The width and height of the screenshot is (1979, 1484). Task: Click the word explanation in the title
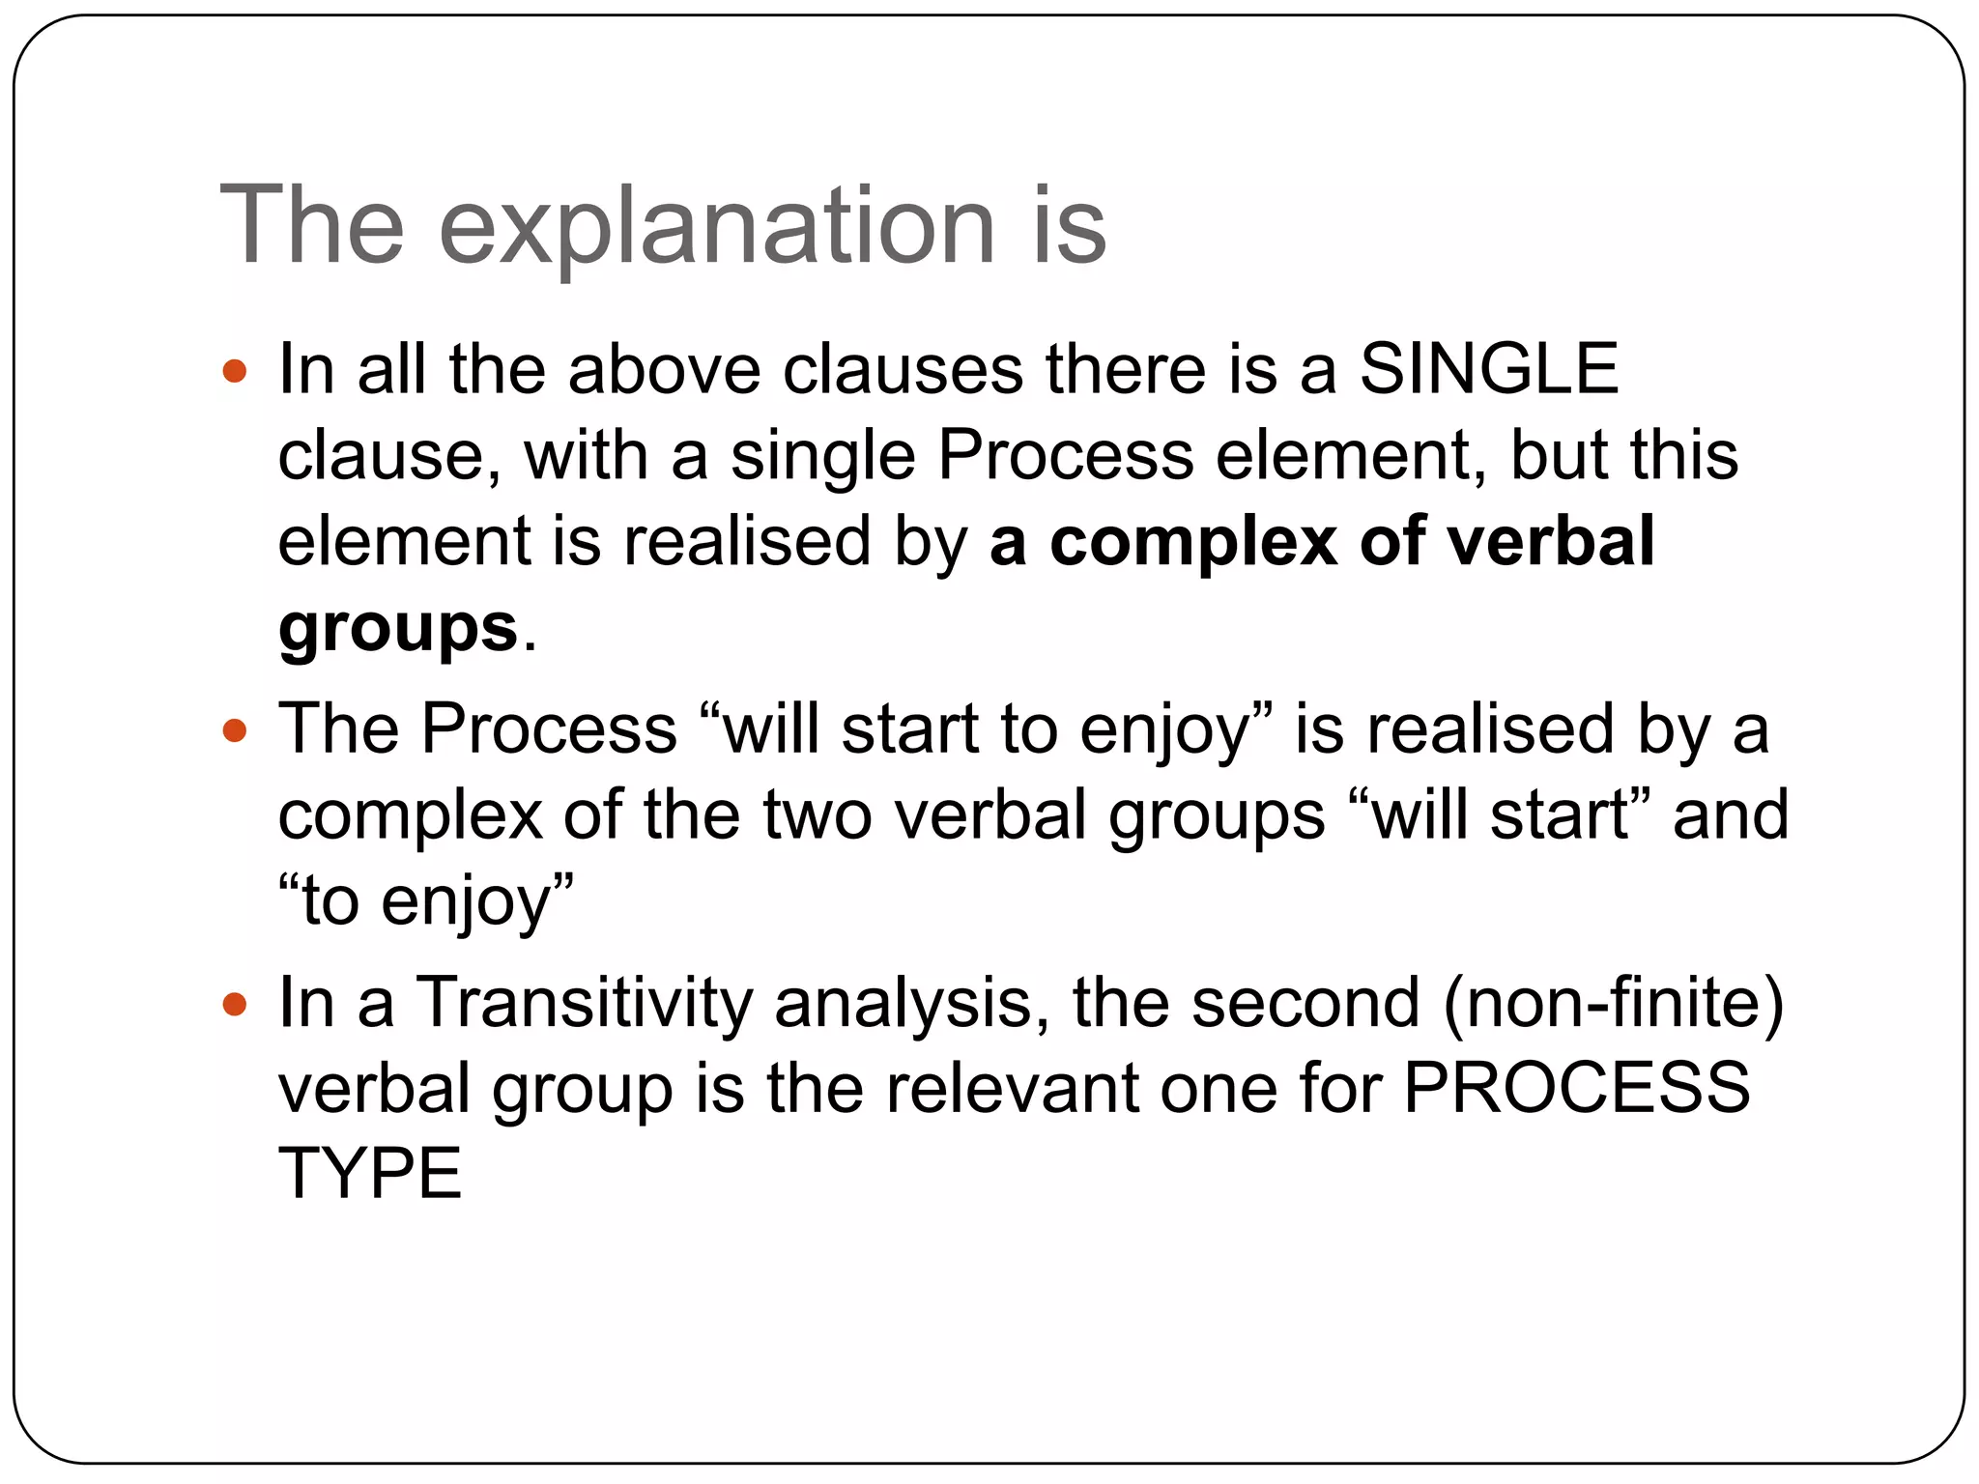coord(716,227)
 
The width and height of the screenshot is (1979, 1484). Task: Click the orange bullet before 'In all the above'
coord(235,370)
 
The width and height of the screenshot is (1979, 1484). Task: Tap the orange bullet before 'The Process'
coord(235,729)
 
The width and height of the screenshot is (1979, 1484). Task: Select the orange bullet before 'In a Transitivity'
coord(235,1004)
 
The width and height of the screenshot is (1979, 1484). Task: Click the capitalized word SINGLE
coord(1488,369)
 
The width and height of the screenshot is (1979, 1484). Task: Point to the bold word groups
coord(398,628)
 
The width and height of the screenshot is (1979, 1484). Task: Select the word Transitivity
coord(584,1003)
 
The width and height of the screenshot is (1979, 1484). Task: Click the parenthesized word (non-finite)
coord(1613,1003)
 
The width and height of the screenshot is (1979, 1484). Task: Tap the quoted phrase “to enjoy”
coord(426,901)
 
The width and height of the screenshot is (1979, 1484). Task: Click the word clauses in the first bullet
coord(903,369)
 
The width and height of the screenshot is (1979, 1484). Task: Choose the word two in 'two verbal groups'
coord(817,815)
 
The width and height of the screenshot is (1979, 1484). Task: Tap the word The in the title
coord(312,227)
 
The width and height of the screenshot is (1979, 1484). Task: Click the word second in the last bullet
coord(1305,1003)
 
